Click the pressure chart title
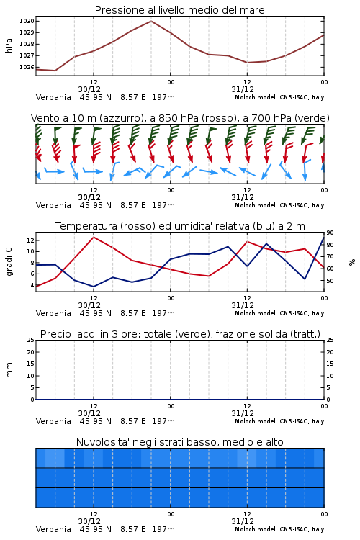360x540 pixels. (x=179, y=10)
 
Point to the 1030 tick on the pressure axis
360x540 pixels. (x=27, y=21)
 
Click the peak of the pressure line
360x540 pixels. (x=151, y=21)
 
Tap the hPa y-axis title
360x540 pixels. (x=9, y=45)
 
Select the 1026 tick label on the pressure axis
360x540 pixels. (x=27, y=67)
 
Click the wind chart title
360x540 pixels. (x=180, y=118)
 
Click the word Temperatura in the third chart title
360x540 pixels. (x=86, y=226)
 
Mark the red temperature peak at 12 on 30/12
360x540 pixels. (x=94, y=237)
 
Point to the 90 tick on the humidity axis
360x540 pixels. (x=330, y=233)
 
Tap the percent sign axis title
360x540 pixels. (x=352, y=262)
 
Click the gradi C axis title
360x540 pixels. (x=9, y=262)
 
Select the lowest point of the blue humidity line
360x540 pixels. (x=94, y=287)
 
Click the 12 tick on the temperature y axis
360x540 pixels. (x=30, y=240)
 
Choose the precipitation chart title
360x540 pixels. (x=180, y=334)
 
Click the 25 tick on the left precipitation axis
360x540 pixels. (x=30, y=340)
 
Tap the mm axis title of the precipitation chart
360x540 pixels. (x=9, y=370)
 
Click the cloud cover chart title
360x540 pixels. (x=179, y=442)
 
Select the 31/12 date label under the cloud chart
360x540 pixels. (x=243, y=521)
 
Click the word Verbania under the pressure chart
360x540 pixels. (x=53, y=97)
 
